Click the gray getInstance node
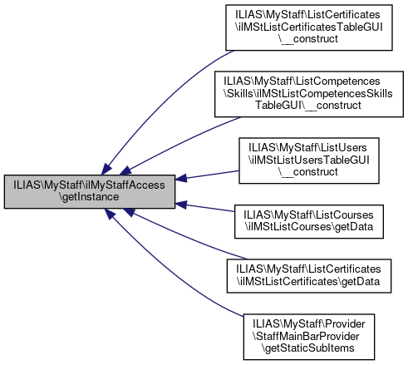click(90, 191)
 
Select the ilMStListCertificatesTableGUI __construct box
click(309, 27)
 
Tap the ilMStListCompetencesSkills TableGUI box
click(309, 94)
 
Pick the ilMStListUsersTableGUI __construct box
click(309, 160)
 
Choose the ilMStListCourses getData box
click(309, 221)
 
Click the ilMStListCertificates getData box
click(309, 276)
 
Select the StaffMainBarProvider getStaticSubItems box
click(309, 337)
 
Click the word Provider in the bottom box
click(345, 323)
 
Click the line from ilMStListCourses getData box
click(204, 207)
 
